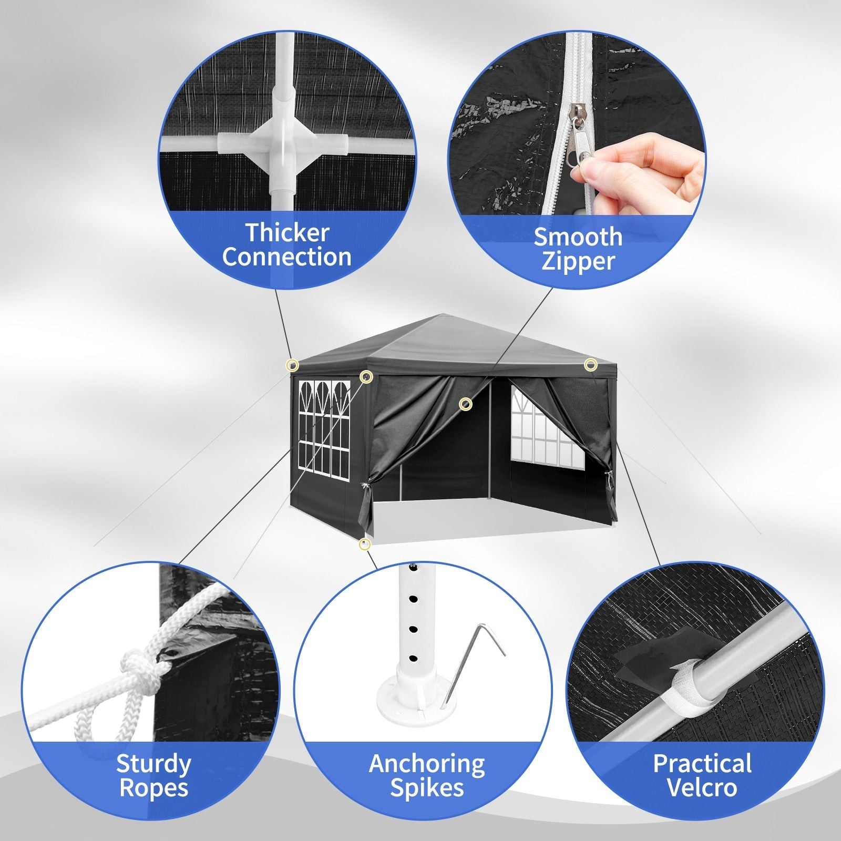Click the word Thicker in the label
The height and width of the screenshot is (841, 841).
(288, 232)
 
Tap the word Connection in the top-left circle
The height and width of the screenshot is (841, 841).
(286, 257)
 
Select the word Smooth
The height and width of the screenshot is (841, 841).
(578, 237)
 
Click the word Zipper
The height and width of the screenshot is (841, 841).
(578, 261)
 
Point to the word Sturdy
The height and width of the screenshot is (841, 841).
(153, 764)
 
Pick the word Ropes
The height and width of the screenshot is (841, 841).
(153, 788)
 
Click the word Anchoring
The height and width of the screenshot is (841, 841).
(427, 764)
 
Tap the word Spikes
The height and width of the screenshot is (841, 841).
(427, 788)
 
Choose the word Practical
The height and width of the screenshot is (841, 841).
(702, 764)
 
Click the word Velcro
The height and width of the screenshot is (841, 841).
(702, 788)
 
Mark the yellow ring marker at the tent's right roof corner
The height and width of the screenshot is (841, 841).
(591, 364)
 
